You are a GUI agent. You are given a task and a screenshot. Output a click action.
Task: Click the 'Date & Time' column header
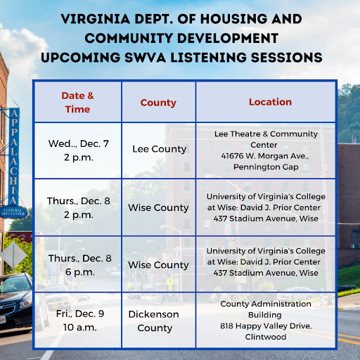click(77, 102)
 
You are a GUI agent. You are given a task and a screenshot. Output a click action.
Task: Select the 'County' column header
click(158, 103)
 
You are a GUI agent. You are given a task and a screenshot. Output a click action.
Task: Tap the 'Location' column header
click(270, 102)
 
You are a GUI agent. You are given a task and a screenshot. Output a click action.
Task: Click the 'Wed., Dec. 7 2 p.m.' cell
click(77, 149)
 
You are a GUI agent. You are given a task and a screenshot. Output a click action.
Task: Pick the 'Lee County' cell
click(159, 149)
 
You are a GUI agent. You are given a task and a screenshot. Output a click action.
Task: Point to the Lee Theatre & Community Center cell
click(266, 150)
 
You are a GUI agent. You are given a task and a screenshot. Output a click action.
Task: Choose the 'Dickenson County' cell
click(155, 321)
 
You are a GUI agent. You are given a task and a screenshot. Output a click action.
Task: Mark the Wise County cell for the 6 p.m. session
click(158, 265)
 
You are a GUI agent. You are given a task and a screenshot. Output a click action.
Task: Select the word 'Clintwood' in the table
click(265, 337)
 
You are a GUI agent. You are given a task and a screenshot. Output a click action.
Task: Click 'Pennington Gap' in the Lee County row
click(266, 167)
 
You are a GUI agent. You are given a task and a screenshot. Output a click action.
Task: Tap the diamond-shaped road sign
click(12, 255)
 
